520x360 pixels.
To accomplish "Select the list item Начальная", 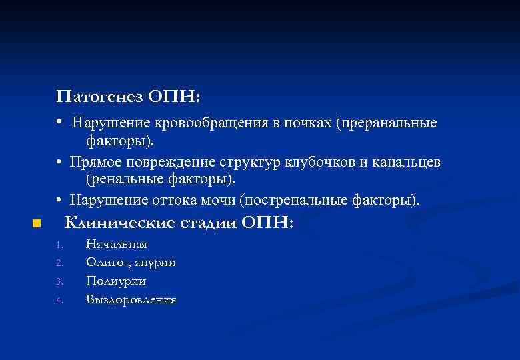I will coord(117,245).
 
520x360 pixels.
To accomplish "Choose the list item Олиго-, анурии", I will coord(131,263).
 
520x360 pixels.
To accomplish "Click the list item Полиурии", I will coord(116,281).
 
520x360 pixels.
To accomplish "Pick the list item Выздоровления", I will coord(131,300).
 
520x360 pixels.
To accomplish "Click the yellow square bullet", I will coord(37,223).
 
